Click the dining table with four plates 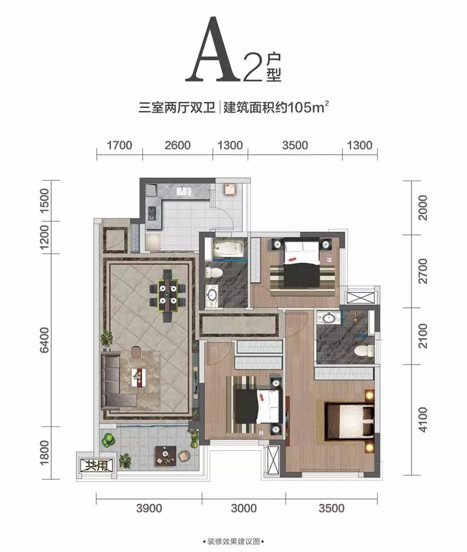168,296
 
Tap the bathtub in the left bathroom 227,249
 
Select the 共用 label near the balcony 96,465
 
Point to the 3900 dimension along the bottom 149,508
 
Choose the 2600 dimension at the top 177,145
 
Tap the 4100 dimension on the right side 422,419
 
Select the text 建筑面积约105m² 276,107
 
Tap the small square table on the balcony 166,456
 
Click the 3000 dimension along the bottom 243,508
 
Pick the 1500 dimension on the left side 45,200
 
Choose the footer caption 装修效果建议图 233,542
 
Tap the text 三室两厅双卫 176,107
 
